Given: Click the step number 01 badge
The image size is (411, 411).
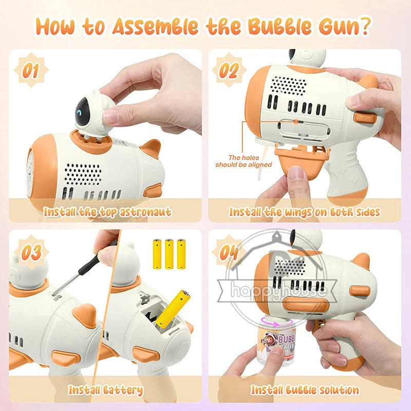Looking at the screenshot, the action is (x=31, y=70).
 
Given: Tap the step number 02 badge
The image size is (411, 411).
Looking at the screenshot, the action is (x=229, y=70).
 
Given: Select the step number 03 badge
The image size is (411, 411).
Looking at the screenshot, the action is (x=31, y=252).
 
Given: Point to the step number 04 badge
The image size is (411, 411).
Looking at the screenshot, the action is (x=229, y=252).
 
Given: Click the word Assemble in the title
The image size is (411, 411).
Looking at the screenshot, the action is (x=155, y=26).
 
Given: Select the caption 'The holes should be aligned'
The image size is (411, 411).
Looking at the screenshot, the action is (x=244, y=161).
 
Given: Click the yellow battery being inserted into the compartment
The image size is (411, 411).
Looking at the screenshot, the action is (x=173, y=307).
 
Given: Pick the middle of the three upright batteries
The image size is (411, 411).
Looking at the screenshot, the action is (x=169, y=254).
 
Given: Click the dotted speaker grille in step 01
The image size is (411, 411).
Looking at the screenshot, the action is (x=83, y=174).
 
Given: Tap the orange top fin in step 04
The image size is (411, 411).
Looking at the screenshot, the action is (x=361, y=261).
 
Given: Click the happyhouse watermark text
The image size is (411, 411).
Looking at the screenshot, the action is (x=278, y=290).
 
